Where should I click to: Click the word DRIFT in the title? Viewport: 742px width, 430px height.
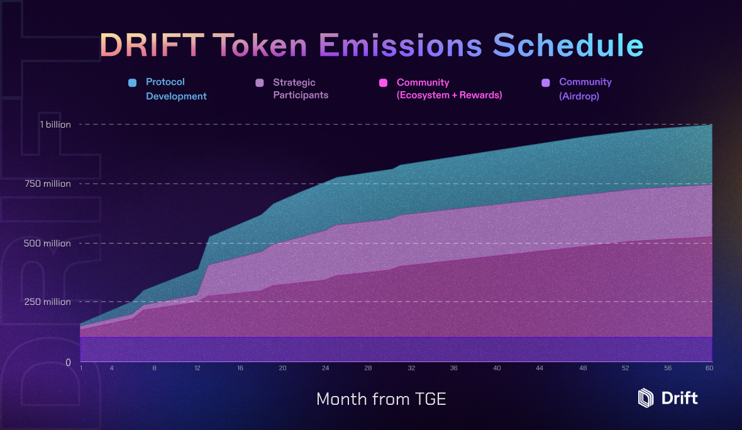(152, 45)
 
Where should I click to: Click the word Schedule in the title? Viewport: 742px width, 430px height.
(567, 45)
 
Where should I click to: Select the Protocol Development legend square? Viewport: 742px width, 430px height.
(132, 83)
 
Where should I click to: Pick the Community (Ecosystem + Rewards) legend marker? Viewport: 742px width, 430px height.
(382, 83)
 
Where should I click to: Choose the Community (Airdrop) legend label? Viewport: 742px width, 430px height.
(585, 89)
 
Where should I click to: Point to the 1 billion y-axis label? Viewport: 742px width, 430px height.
(55, 124)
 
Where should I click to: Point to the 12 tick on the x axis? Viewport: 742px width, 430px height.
(197, 368)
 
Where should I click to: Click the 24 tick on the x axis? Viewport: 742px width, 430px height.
(325, 368)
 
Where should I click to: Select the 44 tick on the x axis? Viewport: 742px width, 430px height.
(540, 368)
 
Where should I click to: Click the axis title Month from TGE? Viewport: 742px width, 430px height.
(381, 399)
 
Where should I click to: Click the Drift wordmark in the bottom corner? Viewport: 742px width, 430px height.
(679, 398)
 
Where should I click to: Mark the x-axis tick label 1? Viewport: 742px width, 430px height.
(81, 368)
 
